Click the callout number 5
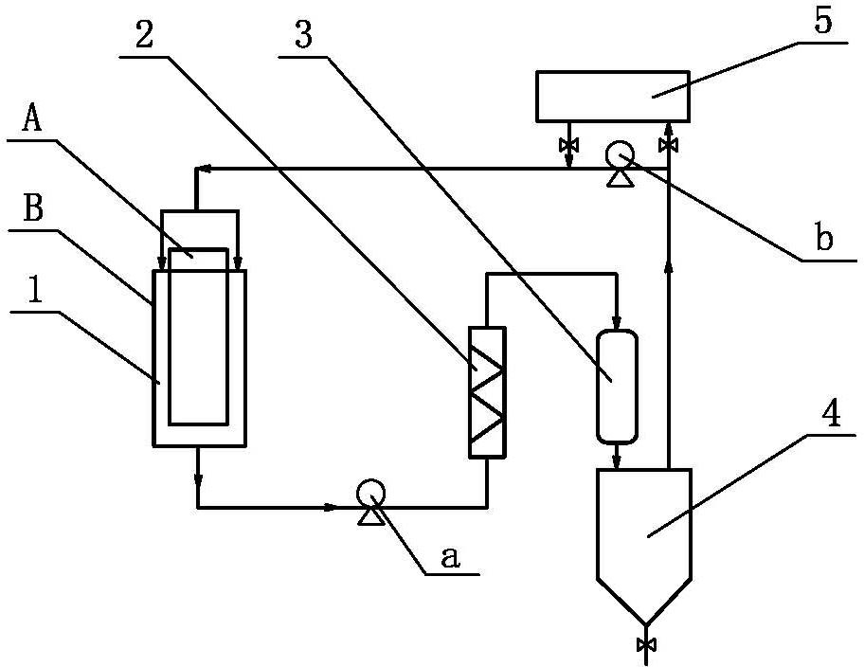[x=822, y=21]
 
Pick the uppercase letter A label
[x=32, y=118]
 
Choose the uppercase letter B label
[x=33, y=209]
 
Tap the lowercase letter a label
[x=450, y=557]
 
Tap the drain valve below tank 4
[x=645, y=644]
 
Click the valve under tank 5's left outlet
[x=568, y=145]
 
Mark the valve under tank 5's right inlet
[x=668, y=145]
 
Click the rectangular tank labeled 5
[x=613, y=96]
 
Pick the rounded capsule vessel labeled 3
[x=617, y=386]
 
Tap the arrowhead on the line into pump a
[x=330, y=507]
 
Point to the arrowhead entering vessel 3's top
[x=617, y=322]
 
